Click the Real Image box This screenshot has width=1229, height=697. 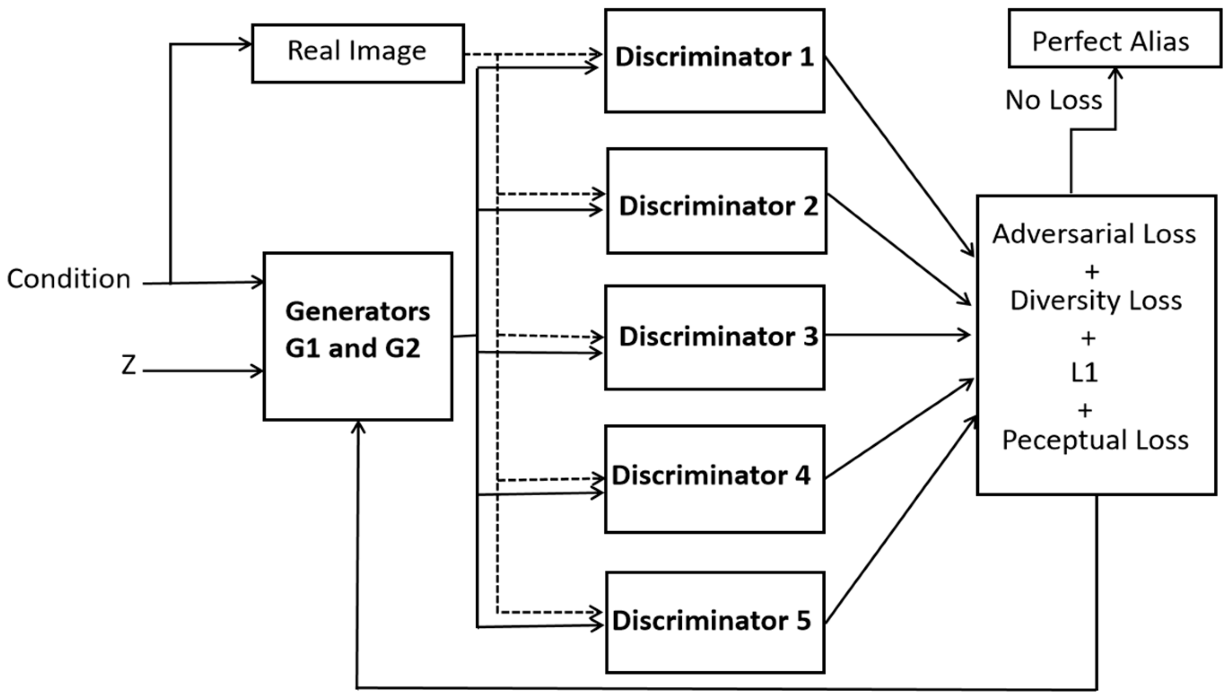(x=358, y=52)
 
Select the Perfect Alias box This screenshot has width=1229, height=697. (x=1114, y=39)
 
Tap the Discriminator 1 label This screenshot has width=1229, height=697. (x=714, y=57)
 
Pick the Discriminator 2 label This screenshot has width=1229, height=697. (x=718, y=206)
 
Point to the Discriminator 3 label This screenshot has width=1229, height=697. (x=718, y=337)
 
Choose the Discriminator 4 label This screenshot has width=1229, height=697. (x=711, y=475)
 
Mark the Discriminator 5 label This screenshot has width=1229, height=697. (x=712, y=621)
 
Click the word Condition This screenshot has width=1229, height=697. (x=69, y=278)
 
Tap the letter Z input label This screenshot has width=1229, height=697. (x=128, y=365)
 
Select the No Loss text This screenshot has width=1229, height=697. (x=1054, y=100)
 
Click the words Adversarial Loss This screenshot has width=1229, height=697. (x=1094, y=234)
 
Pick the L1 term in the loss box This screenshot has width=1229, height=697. (x=1085, y=373)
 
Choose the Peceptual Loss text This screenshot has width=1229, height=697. (x=1096, y=440)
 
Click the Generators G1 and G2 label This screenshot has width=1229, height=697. (x=358, y=330)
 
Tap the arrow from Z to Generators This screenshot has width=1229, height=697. (x=204, y=371)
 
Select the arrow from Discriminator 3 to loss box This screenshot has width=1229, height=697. (x=897, y=335)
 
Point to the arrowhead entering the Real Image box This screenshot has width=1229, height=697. (x=246, y=44)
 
